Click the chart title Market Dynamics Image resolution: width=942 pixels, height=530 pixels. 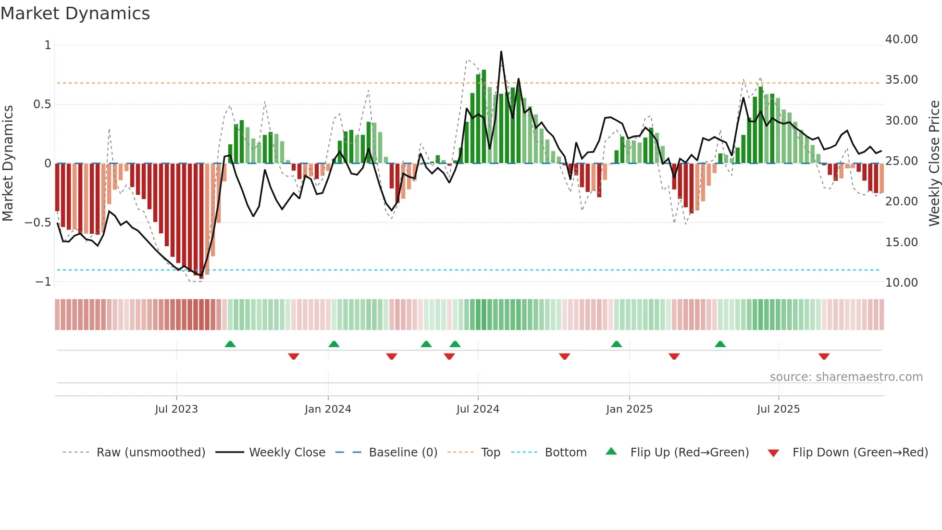75,13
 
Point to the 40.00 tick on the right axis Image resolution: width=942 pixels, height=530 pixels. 901,39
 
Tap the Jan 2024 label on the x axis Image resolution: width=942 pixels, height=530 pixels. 328,409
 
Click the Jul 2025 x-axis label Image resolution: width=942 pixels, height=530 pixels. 778,409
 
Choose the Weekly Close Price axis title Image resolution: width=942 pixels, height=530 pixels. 934,164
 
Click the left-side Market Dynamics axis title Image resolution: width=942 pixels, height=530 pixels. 8,164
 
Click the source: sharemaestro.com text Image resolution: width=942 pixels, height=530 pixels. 846,377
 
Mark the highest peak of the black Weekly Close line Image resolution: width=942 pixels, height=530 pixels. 501,51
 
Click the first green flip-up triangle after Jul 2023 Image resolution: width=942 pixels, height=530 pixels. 230,344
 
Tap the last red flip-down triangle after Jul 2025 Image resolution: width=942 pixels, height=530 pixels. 824,356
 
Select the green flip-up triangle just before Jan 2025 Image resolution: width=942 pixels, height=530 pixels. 616,344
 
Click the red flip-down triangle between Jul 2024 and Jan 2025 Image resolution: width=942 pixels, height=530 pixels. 564,356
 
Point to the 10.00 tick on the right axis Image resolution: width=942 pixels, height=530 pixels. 901,283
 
